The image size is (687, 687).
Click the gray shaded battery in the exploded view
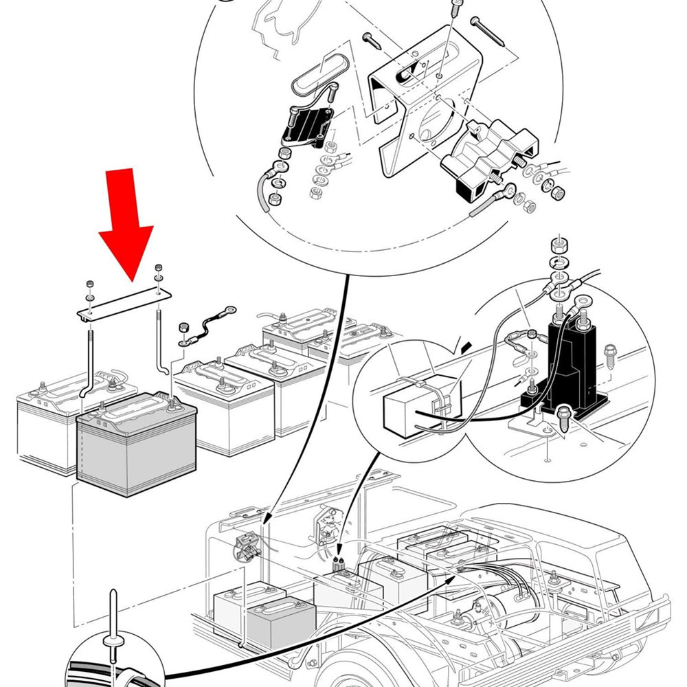[x=137, y=447]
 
